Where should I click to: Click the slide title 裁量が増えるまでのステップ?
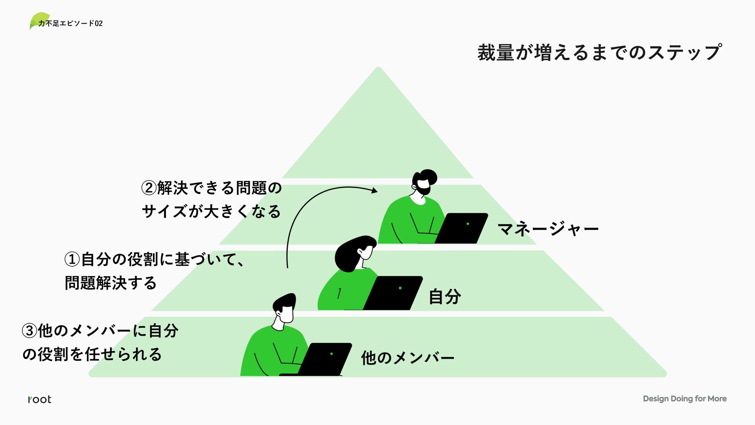599,52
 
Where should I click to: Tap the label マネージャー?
548,229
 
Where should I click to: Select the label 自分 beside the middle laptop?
445,296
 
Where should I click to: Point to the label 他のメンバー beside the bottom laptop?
408,358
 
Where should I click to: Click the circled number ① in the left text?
72,259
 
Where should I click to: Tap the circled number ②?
149,188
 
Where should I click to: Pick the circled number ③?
29,331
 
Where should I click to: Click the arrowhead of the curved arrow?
374,191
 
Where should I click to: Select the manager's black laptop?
462,228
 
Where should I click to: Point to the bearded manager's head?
424,182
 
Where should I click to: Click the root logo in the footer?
40,399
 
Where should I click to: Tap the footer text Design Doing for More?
685,399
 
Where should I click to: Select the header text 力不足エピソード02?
71,24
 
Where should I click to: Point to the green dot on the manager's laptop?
468,224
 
